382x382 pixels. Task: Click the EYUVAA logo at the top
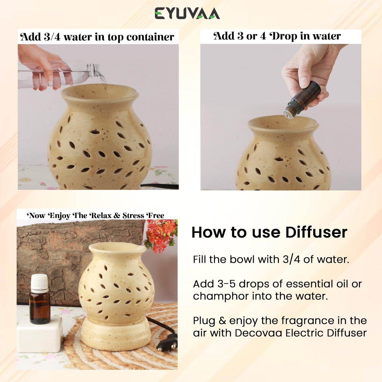pos(187,13)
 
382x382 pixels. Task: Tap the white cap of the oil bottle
pos(39,282)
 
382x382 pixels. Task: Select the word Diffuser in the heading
pos(316,232)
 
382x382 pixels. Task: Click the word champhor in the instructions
pos(221,297)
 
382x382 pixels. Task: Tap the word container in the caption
pos(150,37)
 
